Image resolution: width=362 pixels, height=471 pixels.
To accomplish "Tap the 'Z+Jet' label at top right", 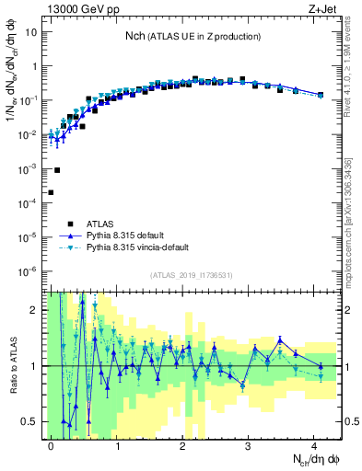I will pos(322,8).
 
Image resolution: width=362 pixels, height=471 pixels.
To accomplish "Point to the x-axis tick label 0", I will pos(52,443).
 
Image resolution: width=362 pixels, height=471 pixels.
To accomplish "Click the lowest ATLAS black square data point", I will pos(51,192).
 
